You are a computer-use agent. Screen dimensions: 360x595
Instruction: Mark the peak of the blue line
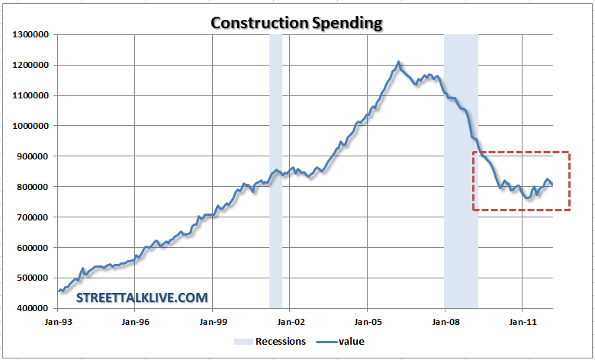tap(398, 62)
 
